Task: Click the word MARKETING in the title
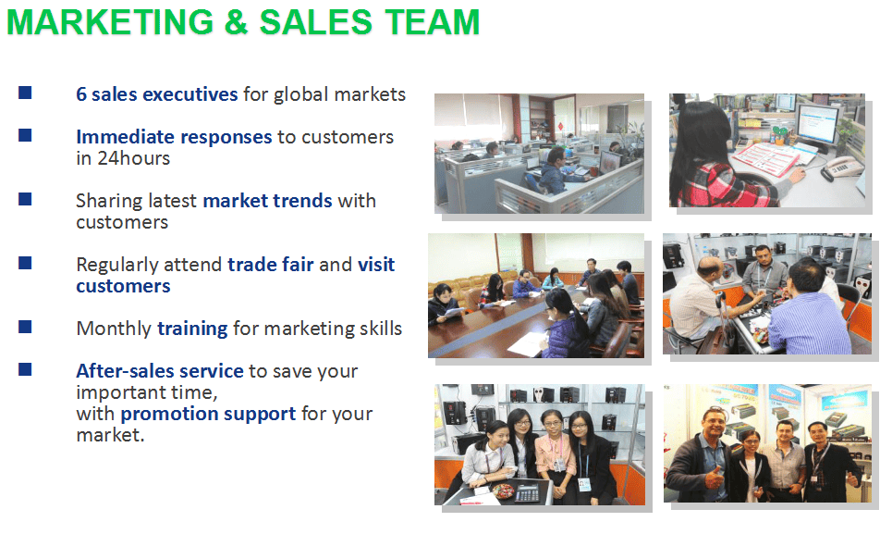click(x=110, y=22)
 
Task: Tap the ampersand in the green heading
click(x=237, y=22)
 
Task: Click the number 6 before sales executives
click(x=81, y=94)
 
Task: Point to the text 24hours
click(x=133, y=158)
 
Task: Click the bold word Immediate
click(x=125, y=137)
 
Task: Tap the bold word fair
click(x=298, y=264)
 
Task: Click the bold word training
click(x=192, y=329)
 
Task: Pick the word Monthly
click(x=114, y=329)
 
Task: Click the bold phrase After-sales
click(x=125, y=371)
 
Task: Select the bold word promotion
click(x=168, y=414)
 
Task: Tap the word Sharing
click(x=108, y=201)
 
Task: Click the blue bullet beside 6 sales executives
click(x=25, y=93)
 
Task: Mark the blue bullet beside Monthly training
click(x=25, y=327)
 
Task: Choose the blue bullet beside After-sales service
click(x=25, y=369)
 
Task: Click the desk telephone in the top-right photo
click(x=842, y=168)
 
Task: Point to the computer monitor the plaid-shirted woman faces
click(x=817, y=127)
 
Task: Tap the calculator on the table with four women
click(x=528, y=492)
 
